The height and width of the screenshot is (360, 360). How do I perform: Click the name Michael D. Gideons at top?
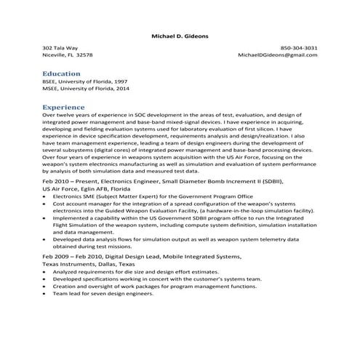180,34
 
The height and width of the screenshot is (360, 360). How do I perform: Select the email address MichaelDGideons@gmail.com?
278,55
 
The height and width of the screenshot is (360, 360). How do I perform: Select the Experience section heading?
64,107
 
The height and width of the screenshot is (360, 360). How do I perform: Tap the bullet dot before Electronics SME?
46,196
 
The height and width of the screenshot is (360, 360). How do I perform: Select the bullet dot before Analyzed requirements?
46,273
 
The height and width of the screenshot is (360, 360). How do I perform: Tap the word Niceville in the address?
55,55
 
